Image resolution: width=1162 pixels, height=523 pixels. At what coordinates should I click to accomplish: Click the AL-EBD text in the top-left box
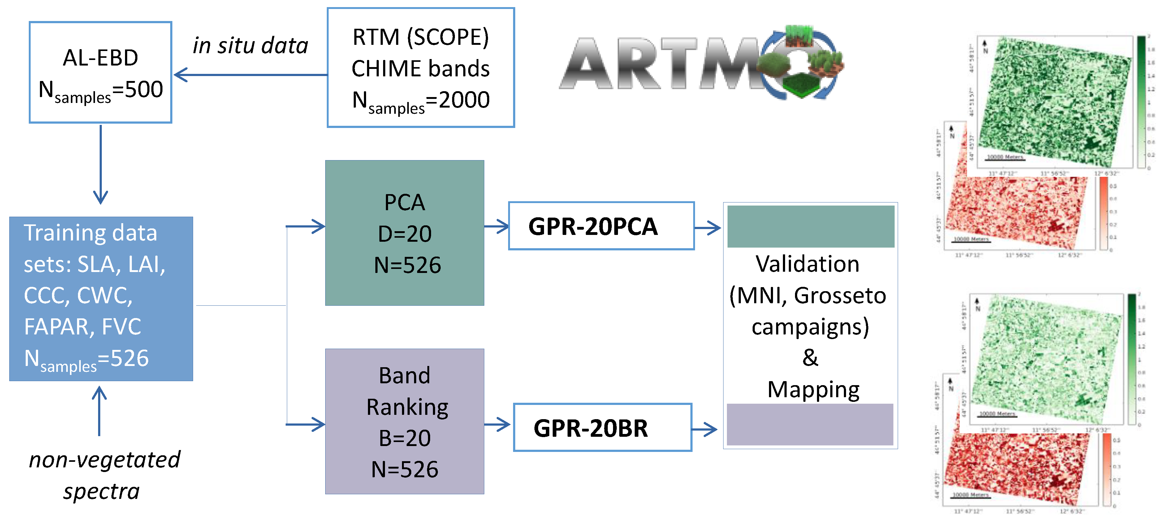100,58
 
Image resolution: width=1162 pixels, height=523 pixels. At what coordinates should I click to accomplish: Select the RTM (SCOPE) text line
421,37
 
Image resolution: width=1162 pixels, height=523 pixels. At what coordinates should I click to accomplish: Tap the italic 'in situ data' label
250,45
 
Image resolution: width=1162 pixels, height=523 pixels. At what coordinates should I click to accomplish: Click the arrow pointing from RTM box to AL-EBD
250,75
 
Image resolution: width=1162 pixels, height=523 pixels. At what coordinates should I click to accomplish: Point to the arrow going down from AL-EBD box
101,164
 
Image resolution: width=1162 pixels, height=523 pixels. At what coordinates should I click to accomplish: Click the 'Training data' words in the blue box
90,233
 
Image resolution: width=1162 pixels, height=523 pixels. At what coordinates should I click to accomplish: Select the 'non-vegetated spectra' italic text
104,475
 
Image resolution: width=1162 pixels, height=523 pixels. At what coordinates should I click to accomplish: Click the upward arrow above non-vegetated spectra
99,411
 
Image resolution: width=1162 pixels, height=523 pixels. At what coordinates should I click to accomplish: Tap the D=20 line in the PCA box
405,234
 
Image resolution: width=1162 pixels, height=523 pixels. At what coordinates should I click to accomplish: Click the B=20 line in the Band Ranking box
405,438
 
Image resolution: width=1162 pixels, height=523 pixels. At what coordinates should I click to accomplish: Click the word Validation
807,264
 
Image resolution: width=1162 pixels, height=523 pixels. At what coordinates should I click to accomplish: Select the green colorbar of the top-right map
1141,101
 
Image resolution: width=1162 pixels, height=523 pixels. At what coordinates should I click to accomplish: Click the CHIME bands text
421,69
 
